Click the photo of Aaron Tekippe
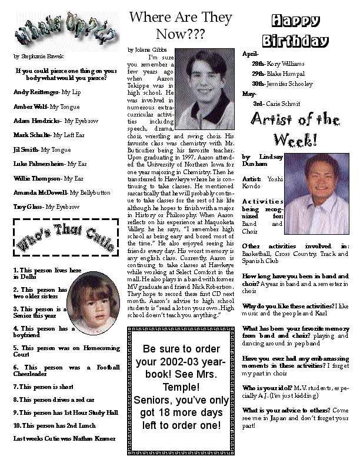tap(205, 89)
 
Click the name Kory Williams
tap(286, 63)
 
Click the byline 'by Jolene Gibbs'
tap(147, 49)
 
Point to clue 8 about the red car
tap(54, 400)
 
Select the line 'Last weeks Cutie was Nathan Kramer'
tap(64, 438)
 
